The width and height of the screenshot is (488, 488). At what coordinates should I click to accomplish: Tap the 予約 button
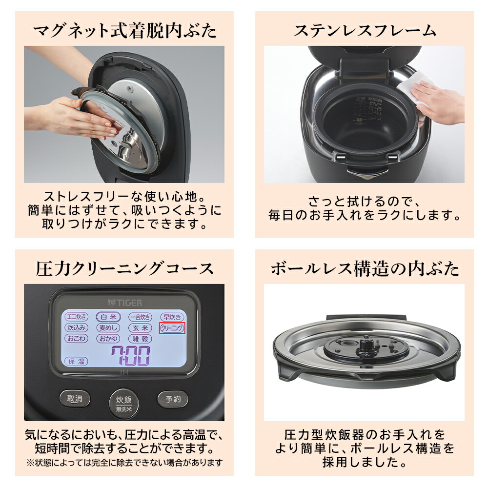pyautogui.click(x=173, y=399)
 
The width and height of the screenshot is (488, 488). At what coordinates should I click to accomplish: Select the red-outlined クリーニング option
pyautogui.click(x=173, y=328)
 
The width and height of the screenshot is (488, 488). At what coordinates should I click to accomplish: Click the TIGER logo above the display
pyautogui.click(x=124, y=302)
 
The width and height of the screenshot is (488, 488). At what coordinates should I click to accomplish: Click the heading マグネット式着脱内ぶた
pyautogui.click(x=124, y=31)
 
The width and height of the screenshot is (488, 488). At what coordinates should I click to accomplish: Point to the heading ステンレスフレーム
pyautogui.click(x=364, y=31)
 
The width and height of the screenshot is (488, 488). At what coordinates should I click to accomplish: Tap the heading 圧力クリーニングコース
pyautogui.click(x=124, y=268)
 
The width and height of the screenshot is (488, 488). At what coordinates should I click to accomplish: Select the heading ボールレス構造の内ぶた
pyautogui.click(x=364, y=268)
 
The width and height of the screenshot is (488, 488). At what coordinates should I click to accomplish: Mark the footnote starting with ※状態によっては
pyautogui.click(x=124, y=462)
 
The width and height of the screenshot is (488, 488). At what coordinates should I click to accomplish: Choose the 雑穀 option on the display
pyautogui.click(x=141, y=339)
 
